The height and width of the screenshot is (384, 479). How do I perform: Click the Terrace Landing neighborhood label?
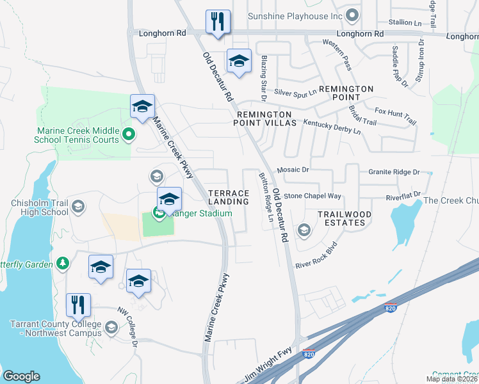pos(229,197)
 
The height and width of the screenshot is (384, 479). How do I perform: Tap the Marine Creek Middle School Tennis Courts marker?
pos(128,134)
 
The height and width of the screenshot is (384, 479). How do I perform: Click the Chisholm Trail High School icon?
pos(77,206)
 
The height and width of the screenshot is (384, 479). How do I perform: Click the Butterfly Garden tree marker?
pos(62,262)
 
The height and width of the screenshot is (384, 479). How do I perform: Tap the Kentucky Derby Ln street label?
pos(332,126)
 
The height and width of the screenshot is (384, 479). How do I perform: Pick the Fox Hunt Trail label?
pos(395,116)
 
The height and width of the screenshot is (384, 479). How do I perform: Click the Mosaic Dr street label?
pos(293,170)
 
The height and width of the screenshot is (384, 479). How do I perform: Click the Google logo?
pos(21,376)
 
